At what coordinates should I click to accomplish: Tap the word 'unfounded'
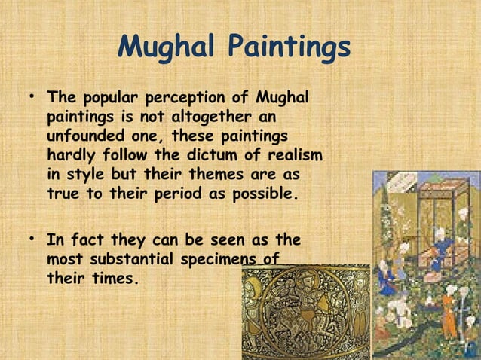[81, 137]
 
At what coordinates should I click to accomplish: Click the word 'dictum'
[204, 156]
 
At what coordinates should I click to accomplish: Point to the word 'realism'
[293, 156]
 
